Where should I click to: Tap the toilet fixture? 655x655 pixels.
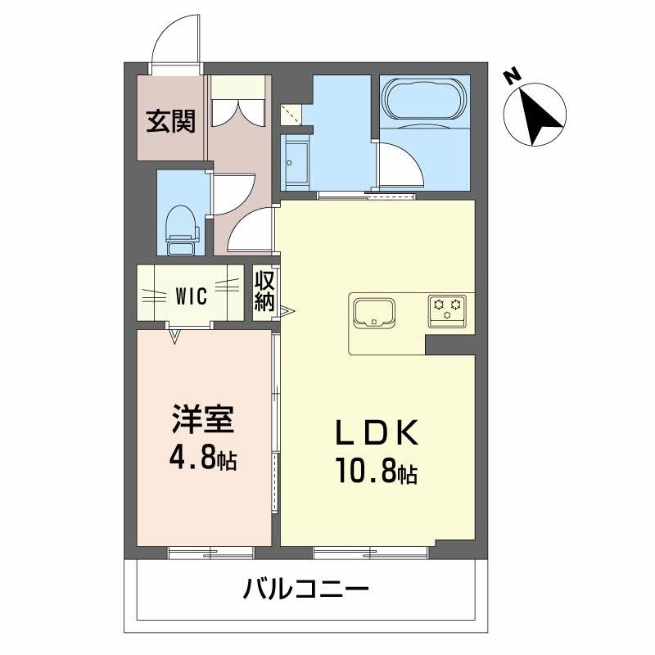(x=181, y=224)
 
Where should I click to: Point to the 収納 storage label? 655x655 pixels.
(x=264, y=291)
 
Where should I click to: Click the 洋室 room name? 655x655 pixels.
(x=203, y=419)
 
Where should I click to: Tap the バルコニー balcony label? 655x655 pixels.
(x=307, y=587)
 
